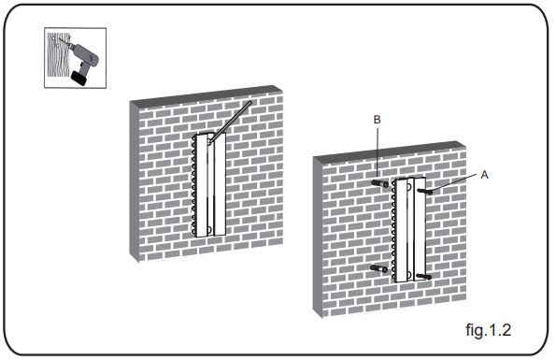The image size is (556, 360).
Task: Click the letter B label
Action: pyautogui.click(x=377, y=120)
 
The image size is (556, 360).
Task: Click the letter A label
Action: pyautogui.click(x=484, y=175)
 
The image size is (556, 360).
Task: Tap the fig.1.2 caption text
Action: pyautogui.click(x=489, y=330)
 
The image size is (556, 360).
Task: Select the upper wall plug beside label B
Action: pyautogui.click(x=379, y=183)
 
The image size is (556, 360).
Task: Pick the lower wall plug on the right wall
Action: pyautogui.click(x=379, y=269)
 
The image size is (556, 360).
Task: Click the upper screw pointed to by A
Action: pyautogui.click(x=424, y=192)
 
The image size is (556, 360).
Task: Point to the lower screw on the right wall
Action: pyautogui.click(x=423, y=276)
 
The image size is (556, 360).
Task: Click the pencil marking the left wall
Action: pyautogui.click(x=231, y=122)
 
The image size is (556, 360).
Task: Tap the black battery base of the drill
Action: pyautogui.click(x=79, y=78)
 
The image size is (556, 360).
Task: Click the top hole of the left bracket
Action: pyautogui.click(x=210, y=137)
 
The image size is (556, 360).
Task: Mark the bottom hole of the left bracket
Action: pyautogui.click(x=209, y=230)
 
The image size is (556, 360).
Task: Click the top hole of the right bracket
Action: pyautogui.click(x=409, y=187)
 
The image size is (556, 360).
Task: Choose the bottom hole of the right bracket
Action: pyautogui.click(x=409, y=275)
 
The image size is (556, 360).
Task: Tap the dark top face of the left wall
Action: pyautogui.click(x=207, y=94)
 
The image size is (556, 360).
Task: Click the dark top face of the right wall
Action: pyautogui.click(x=389, y=150)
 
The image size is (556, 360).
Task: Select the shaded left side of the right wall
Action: pyautogui.click(x=318, y=237)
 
